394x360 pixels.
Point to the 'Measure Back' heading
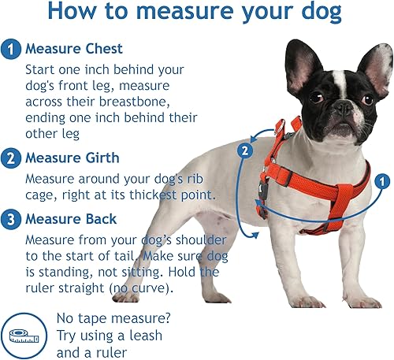72,218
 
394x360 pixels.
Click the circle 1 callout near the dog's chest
381,181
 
